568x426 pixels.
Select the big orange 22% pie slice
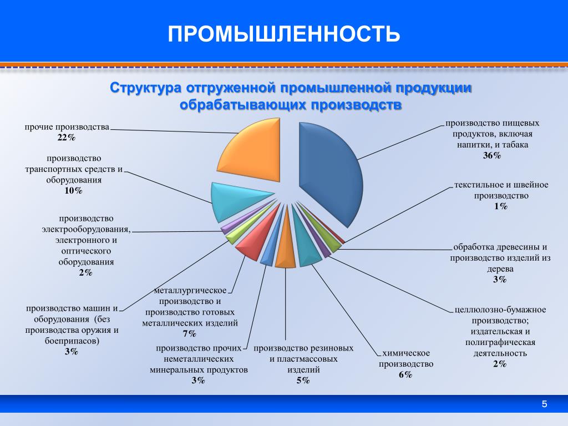pyautogui.click(x=253, y=152)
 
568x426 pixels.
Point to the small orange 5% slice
pyautogui.click(x=286, y=250)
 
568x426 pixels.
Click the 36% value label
pyautogui.click(x=492, y=156)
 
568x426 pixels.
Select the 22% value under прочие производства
pyautogui.click(x=67, y=138)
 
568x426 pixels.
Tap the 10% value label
pyautogui.click(x=73, y=191)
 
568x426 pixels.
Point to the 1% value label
pyautogui.click(x=501, y=206)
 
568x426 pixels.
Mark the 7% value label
pyautogui.click(x=190, y=333)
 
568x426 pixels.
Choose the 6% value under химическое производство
pyautogui.click(x=405, y=374)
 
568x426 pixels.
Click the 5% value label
pyautogui.click(x=303, y=381)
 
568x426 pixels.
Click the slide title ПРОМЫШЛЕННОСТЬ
pyautogui.click(x=284, y=34)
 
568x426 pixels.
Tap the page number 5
pyautogui.click(x=545, y=404)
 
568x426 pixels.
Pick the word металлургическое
pyautogui.click(x=190, y=291)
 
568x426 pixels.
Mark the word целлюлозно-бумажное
pyautogui.click(x=500, y=310)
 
